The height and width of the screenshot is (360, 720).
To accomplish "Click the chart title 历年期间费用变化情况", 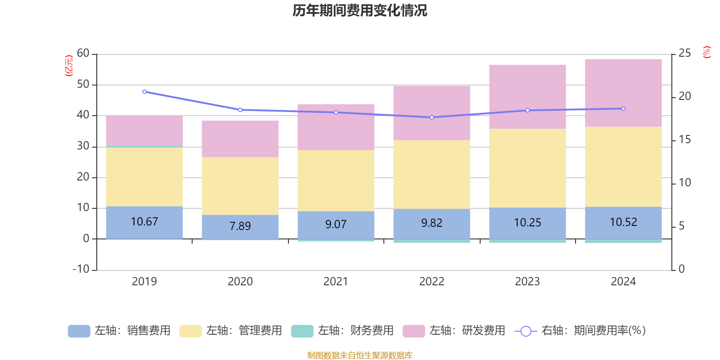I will pyautogui.click(x=360, y=10).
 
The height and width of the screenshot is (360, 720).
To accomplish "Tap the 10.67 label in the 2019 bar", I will pyautogui.click(x=144, y=222).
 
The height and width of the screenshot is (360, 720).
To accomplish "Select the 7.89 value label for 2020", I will pyautogui.click(x=240, y=226).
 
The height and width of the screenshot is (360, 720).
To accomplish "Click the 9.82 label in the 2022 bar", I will pyautogui.click(x=432, y=223).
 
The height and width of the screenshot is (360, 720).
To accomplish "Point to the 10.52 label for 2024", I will pyautogui.click(x=623, y=222).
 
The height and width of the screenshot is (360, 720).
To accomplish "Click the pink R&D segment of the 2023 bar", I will pyautogui.click(x=527, y=97).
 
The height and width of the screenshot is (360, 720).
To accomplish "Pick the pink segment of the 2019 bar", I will pyautogui.click(x=144, y=130).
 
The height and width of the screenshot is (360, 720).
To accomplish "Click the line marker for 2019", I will pyautogui.click(x=144, y=92).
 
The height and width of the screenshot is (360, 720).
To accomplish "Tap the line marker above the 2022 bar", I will pyautogui.click(x=432, y=117).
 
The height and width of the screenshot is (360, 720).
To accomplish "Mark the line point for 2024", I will pyautogui.click(x=623, y=108).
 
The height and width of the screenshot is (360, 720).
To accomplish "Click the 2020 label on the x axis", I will pyautogui.click(x=240, y=282).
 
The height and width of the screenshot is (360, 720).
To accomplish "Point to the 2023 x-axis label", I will pyautogui.click(x=527, y=282).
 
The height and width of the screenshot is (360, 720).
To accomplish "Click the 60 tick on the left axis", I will pyautogui.click(x=83, y=54).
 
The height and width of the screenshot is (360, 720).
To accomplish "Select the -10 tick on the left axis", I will pyautogui.click(x=81, y=269).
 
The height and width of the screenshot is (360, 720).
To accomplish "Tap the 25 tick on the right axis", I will pyautogui.click(x=684, y=54).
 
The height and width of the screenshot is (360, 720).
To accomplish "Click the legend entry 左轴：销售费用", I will pyautogui.click(x=119, y=331).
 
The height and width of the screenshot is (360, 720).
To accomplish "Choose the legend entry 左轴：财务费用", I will pyautogui.click(x=342, y=331).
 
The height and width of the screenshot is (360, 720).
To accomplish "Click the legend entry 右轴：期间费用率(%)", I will pyautogui.click(x=580, y=331).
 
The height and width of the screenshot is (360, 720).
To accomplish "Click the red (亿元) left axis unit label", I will pyautogui.click(x=69, y=66).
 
